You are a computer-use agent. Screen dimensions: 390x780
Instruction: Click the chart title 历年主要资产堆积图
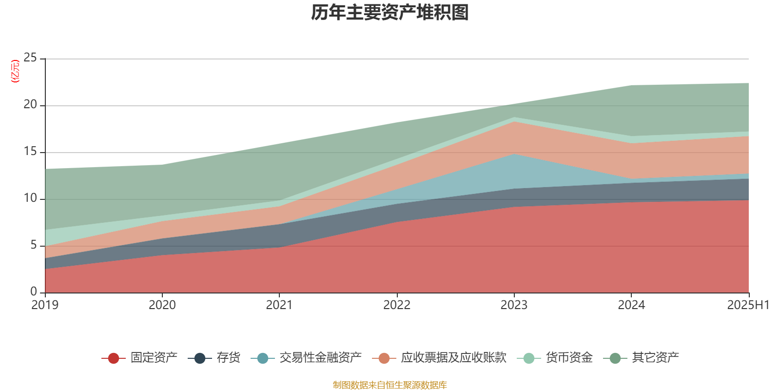[390, 13]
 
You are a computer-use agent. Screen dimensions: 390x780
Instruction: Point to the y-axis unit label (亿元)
[15, 71]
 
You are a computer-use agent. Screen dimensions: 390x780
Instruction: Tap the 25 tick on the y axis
[30, 58]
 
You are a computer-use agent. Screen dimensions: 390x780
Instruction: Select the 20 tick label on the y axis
[30, 105]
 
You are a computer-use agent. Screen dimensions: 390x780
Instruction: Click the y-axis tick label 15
[30, 152]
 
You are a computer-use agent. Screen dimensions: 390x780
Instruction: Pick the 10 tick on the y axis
[30, 198]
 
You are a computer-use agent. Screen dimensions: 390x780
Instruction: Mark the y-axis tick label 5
[34, 245]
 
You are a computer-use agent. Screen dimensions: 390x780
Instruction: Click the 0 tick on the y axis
[34, 292]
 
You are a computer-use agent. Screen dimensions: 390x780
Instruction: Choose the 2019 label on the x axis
[45, 305]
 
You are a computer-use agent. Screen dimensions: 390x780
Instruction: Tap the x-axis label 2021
[279, 305]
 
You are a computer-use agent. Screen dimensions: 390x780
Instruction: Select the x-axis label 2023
[514, 305]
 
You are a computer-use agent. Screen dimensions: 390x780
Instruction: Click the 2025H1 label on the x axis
[748, 305]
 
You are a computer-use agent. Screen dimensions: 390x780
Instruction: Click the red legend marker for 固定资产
[114, 358]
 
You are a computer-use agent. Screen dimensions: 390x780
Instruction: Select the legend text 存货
[228, 358]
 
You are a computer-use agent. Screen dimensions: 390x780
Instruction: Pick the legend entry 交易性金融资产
[320, 358]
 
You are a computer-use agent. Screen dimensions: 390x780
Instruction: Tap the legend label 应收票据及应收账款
[453, 358]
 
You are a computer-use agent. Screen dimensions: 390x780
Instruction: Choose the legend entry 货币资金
[569, 358]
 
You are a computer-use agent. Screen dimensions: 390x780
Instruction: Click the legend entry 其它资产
[655, 358]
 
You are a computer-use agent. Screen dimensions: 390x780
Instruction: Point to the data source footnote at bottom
[390, 385]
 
